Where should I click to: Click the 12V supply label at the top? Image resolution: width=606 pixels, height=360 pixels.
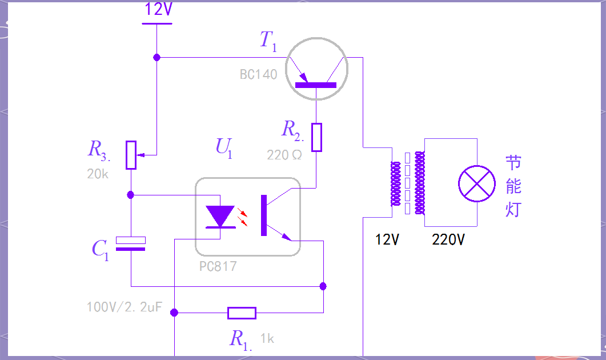click(x=158, y=9)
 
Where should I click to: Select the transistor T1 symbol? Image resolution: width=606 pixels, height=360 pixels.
click(x=316, y=69)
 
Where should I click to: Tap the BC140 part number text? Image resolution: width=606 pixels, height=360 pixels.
click(x=259, y=74)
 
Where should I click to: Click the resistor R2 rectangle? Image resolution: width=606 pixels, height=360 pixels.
click(x=316, y=137)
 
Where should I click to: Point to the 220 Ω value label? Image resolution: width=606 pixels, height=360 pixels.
click(x=284, y=155)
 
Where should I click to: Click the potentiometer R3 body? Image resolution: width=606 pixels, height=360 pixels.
click(x=131, y=155)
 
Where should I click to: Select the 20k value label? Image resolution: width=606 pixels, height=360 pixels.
click(x=98, y=174)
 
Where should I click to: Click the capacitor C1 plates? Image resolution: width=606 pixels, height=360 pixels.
click(x=131, y=244)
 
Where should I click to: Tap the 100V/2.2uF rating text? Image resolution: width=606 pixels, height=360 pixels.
click(x=124, y=307)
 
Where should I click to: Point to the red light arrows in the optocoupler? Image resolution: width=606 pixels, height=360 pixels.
click(x=242, y=217)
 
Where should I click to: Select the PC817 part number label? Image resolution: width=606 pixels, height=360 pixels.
click(x=218, y=266)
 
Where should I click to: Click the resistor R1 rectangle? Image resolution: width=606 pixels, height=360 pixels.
click(x=242, y=313)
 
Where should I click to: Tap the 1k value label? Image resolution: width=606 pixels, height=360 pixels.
click(x=267, y=339)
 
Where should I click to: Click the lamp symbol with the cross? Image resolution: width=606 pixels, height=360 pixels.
click(x=477, y=183)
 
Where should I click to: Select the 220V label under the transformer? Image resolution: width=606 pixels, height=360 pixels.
click(x=448, y=240)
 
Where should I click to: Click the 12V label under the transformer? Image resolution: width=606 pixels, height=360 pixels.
click(x=387, y=240)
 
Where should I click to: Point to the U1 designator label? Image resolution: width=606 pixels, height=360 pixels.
click(x=224, y=148)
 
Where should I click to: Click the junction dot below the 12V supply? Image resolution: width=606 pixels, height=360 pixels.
click(x=156, y=58)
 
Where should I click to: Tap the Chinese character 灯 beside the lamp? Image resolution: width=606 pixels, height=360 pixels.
click(x=513, y=209)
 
